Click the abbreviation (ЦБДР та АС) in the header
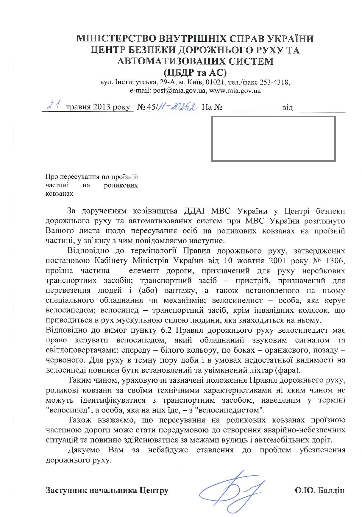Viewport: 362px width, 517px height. [195, 72]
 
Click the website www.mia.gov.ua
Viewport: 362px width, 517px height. [235, 91]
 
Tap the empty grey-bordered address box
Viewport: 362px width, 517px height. [273, 139]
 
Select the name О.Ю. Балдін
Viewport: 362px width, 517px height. [320, 490]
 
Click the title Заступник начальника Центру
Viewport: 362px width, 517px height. [107, 490]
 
